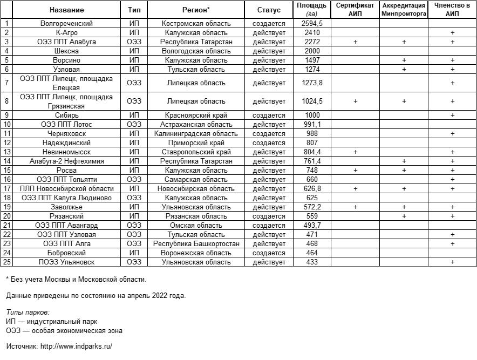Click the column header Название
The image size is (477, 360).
click(66, 10)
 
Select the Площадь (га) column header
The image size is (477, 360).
click(311, 10)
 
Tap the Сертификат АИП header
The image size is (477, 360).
click(355, 10)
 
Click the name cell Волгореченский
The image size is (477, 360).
click(66, 24)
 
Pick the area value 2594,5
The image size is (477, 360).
click(312, 24)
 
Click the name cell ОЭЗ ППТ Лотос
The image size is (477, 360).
click(66, 125)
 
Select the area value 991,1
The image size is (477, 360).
click(312, 125)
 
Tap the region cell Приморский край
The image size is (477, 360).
click(196, 143)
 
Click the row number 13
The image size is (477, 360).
click(7, 152)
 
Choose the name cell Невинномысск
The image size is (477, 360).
click(66, 152)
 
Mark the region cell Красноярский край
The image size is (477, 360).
click(196, 116)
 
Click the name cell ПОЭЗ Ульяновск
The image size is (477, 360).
click(66, 262)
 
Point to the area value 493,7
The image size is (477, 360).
click(312, 226)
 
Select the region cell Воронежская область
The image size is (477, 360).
click(196, 253)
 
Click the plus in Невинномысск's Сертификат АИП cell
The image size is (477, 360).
click(355, 152)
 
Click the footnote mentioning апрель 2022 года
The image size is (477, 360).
click(96, 296)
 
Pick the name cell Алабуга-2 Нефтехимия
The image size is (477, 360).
click(66, 161)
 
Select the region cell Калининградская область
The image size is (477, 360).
click(196, 134)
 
